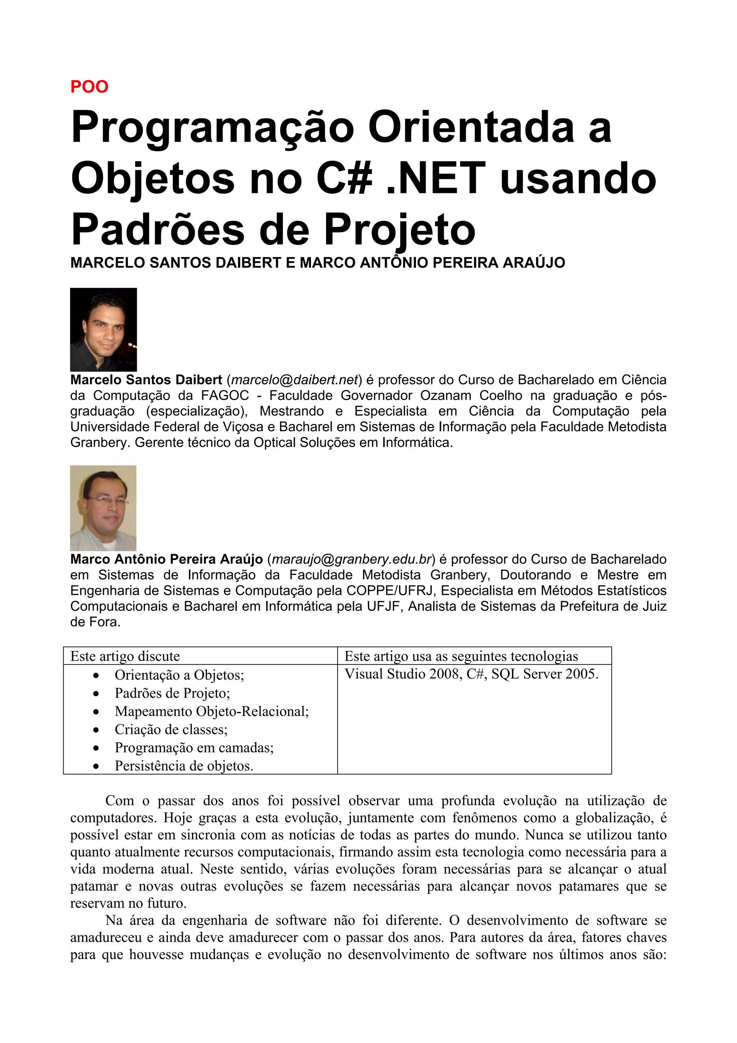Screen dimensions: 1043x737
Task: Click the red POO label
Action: click(90, 87)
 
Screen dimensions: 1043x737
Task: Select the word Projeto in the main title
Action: click(399, 230)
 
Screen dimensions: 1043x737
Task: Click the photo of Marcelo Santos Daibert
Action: click(104, 329)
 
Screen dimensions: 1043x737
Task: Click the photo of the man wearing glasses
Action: click(103, 508)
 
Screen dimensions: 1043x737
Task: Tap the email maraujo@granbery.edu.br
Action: click(352, 559)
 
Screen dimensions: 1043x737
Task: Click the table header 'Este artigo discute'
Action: click(125, 656)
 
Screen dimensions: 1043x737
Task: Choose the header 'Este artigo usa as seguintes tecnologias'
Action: click(461, 656)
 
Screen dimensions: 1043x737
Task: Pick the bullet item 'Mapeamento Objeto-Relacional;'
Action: click(212, 711)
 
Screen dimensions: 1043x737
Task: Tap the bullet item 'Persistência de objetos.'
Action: click(184, 766)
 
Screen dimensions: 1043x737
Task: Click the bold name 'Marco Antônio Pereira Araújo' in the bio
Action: click(166, 559)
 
